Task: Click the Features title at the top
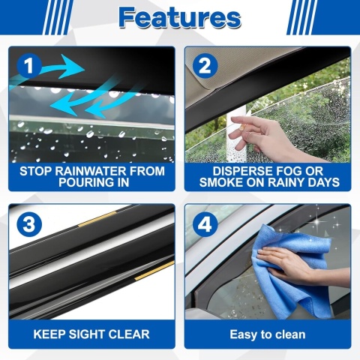tap(180, 17)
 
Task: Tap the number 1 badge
tap(29, 66)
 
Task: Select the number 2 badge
tap(205, 66)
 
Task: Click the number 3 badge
tap(29, 224)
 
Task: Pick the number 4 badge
tap(205, 224)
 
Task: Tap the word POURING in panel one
tap(86, 182)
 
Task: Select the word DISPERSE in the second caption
tap(241, 171)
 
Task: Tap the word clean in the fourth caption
tap(289, 334)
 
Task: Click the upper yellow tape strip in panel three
tap(97, 219)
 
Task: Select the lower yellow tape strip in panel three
tap(154, 270)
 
